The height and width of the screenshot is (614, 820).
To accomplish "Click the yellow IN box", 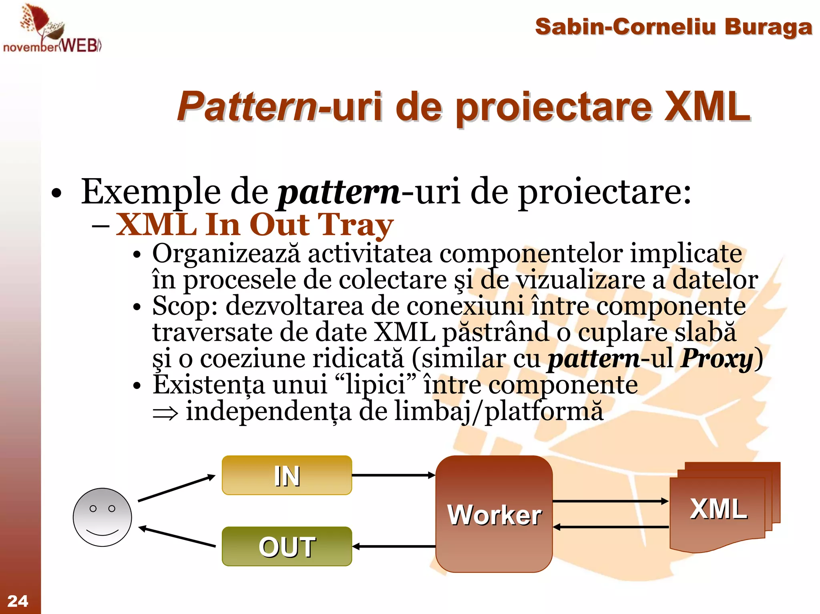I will point(287,475).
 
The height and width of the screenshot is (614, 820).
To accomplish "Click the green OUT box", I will point(287,546).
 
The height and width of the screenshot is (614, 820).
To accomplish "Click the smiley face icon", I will point(102,517).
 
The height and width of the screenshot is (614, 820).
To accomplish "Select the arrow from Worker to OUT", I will point(394,546).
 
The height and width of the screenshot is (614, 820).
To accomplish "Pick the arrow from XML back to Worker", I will point(610,527).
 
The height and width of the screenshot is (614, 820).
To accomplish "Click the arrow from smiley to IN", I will point(176,488).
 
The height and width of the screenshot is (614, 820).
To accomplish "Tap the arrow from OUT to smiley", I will point(177,537).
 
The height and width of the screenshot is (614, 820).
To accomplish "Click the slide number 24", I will point(18,601).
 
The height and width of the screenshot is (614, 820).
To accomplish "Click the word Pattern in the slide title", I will point(247,107).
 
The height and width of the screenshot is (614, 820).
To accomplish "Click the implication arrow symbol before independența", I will point(165,413).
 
